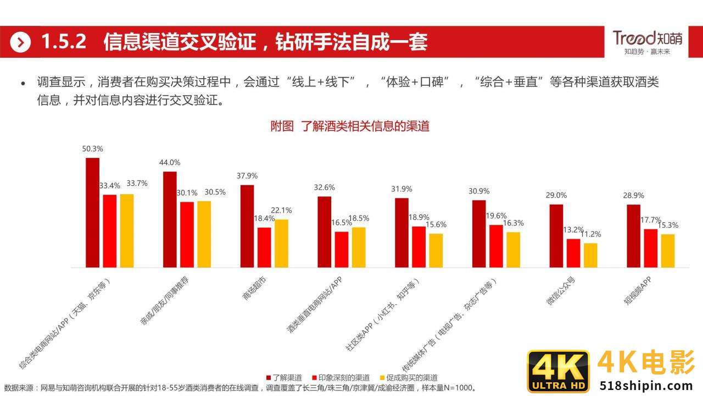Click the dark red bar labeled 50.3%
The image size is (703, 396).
[92, 212]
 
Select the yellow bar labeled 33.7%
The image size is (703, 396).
[127, 230]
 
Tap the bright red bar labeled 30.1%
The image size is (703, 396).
[187, 234]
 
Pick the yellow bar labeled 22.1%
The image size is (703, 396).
[281, 243]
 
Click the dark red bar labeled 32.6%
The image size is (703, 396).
[324, 232]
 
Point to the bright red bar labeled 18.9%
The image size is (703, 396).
[419, 246]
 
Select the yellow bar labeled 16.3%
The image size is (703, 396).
[513, 250]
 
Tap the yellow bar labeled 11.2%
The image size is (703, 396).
[590, 255]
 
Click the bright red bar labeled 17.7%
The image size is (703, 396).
[650, 248]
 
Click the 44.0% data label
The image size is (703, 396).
[170, 162]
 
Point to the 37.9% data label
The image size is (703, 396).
[247, 176]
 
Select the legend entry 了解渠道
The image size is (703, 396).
[284, 378]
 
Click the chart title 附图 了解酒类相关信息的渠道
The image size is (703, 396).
[350, 126]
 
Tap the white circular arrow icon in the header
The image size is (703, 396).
[20, 42]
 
